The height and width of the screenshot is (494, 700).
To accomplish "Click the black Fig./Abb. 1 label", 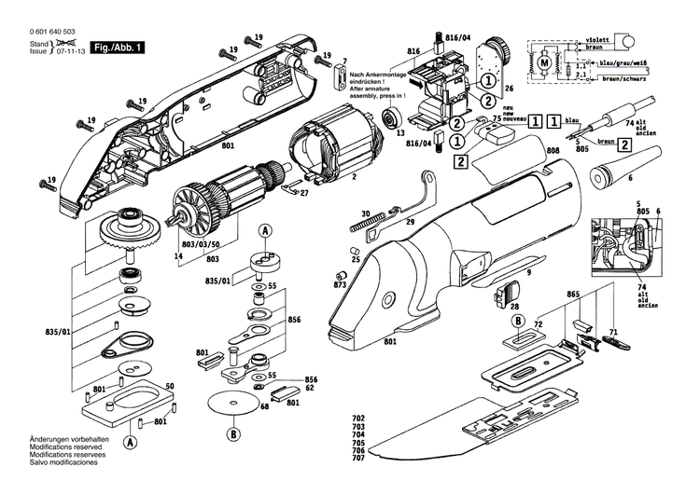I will click(116, 46).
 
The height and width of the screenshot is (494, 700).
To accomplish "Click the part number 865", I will click(573, 294).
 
